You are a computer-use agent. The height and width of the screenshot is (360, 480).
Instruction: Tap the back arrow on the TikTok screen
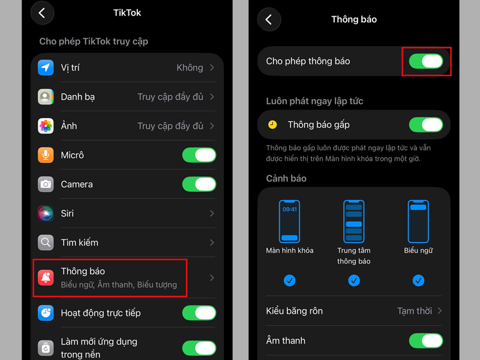42,13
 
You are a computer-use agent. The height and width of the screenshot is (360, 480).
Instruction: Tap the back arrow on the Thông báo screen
269,20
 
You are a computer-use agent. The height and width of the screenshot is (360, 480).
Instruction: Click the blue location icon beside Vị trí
46,68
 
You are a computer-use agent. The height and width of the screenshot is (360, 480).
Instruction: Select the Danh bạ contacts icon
46,97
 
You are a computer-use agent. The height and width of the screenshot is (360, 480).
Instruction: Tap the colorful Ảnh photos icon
46,126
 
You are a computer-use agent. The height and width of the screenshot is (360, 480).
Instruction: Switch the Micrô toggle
199,155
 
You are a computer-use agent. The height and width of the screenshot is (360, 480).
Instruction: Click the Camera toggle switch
199,184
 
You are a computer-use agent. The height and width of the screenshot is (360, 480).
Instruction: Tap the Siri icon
46,214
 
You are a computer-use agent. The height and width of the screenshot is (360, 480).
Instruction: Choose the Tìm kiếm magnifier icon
46,242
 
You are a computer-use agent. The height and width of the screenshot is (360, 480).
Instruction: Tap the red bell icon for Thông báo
46,278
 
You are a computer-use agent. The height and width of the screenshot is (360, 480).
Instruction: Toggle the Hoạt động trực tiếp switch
199,313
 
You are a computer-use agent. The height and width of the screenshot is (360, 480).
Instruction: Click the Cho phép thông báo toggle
426,61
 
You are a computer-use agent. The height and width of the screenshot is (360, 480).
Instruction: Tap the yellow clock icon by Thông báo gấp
272,125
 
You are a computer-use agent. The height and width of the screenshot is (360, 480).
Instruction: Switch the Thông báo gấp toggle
426,125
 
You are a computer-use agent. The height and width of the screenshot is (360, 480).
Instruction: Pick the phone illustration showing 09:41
289,221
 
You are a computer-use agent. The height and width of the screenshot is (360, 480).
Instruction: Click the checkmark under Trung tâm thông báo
354,280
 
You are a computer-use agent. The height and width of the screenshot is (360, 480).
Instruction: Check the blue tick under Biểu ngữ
418,280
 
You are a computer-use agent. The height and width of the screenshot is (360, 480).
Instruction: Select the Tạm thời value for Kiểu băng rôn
415,311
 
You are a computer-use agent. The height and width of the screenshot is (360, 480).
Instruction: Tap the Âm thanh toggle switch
426,341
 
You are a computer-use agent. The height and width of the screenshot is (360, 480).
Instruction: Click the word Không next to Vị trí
190,68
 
